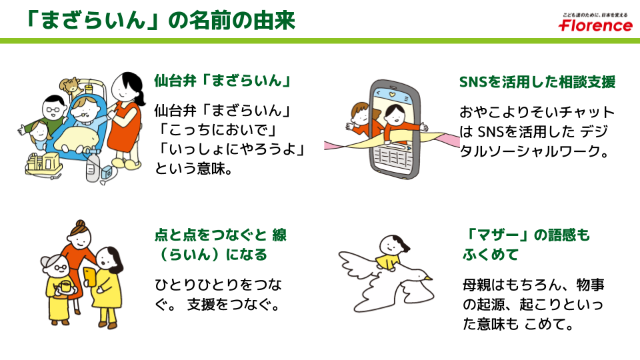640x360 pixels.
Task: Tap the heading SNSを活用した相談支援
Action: pos(537,82)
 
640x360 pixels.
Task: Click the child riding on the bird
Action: pos(390,251)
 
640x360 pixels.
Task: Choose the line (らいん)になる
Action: pos(210,255)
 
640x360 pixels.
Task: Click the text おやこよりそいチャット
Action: pos(537,112)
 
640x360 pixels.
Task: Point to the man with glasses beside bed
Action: pos(52,109)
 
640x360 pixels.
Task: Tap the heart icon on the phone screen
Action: pos(396,93)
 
